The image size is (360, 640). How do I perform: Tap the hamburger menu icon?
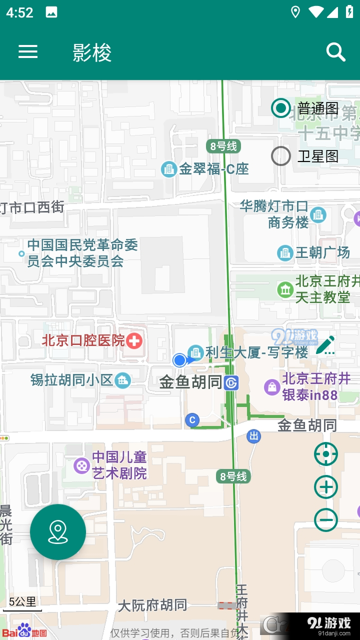pyautogui.click(x=28, y=51)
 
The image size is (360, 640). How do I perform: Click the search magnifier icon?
pyautogui.click(x=335, y=52)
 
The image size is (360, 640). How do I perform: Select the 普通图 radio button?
pyautogui.click(x=281, y=108)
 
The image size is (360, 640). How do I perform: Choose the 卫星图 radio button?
pyautogui.click(x=281, y=156)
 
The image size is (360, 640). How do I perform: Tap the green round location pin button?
pyautogui.click(x=58, y=532)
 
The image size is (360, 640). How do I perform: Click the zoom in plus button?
pyautogui.click(x=326, y=487)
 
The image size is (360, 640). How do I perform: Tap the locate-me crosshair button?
pyautogui.click(x=326, y=454)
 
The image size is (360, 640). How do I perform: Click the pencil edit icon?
pyautogui.click(x=325, y=345)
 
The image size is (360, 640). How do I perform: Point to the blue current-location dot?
pyautogui.click(x=179, y=360)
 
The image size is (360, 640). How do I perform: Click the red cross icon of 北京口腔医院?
pyautogui.click(x=134, y=341)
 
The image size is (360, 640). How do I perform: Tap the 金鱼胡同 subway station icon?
pyautogui.click(x=231, y=383)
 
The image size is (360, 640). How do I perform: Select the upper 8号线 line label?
pyautogui.click(x=223, y=146)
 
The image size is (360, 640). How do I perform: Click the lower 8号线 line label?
pyautogui.click(x=233, y=476)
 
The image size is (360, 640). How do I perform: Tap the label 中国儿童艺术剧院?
pyautogui.click(x=119, y=465)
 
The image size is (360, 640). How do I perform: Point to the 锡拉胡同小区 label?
pyautogui.click(x=72, y=380)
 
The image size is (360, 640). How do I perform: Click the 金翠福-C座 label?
pyautogui.click(x=214, y=169)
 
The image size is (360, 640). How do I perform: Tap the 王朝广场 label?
pyautogui.click(x=322, y=253)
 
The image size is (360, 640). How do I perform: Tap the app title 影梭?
pyautogui.click(x=92, y=52)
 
